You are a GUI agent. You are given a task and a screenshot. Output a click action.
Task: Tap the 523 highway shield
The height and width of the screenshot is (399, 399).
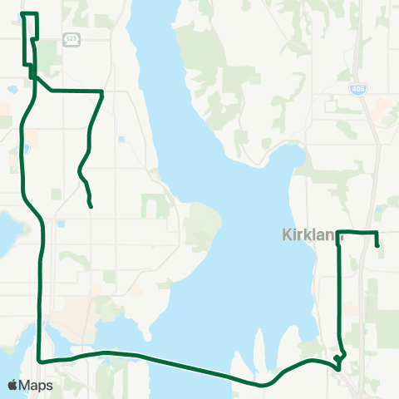pos(72,38)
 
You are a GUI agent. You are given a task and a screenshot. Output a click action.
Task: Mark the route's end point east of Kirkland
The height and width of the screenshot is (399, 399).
pos(378,245)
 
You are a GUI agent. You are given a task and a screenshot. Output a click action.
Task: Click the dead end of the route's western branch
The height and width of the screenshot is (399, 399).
pos(90,206)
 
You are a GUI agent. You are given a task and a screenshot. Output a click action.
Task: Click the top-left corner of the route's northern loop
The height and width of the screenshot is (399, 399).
pos(22,14)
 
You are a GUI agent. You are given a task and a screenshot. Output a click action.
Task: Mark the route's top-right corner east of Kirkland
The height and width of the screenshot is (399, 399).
pos(377,232)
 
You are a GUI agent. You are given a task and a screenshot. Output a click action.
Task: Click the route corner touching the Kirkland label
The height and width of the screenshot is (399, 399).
pos(337,232)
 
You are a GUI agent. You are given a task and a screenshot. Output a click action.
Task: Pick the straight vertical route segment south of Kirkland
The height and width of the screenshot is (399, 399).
pos(337,291)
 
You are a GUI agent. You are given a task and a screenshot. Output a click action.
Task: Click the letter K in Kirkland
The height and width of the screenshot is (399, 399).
pos(288,236)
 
